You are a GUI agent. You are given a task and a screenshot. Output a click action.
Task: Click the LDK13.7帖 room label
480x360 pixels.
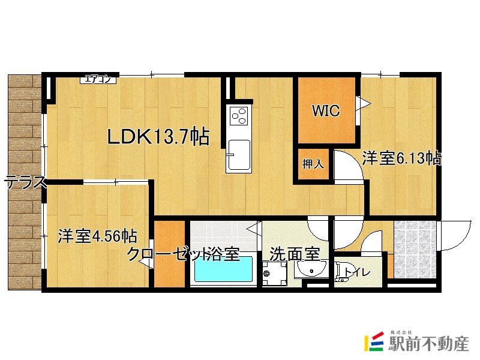pos(158,137)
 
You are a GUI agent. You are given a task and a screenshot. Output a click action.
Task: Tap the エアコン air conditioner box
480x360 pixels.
pos(98,79)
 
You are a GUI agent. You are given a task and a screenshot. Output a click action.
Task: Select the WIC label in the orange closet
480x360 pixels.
pos(326,110)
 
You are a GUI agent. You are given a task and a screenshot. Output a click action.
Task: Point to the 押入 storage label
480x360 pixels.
pos(313,164)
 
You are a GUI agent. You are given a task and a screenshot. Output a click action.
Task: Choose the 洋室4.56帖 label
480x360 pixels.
pos(98,236)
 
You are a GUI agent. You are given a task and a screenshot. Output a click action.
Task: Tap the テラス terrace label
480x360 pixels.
pos(26,182)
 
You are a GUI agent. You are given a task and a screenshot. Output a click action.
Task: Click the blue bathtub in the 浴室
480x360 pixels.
pos(223,269)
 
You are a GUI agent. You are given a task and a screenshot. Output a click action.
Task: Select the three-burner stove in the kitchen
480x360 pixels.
pos(239,115)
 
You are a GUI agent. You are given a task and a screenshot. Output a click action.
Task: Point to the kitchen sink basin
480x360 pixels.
pos(239,155)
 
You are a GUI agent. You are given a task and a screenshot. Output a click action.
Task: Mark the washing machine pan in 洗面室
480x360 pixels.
pos(274,274)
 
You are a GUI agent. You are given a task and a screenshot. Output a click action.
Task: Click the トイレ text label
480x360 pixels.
pos(357,272)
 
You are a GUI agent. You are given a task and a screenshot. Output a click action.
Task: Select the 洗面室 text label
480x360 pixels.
pos(295,254)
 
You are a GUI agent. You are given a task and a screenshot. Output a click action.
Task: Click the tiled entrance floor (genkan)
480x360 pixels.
pos(415,249)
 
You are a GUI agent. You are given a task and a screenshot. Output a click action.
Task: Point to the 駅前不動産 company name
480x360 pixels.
pos(428,343)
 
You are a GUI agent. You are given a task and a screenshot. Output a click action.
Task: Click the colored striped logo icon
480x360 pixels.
pos(374,341)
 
